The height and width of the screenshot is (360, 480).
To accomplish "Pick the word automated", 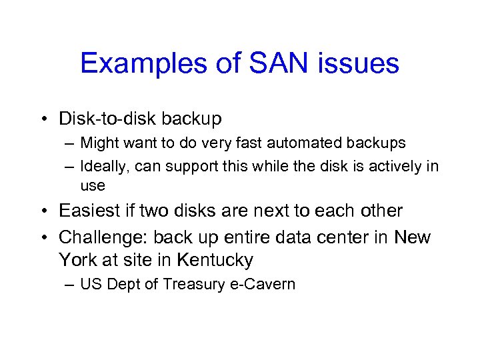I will coord(285,143).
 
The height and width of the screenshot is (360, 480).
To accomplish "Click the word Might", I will coord(99,143).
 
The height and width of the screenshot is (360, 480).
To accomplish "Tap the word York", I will coord(77,259).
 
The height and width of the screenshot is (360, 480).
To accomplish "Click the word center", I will coord(344,237).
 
